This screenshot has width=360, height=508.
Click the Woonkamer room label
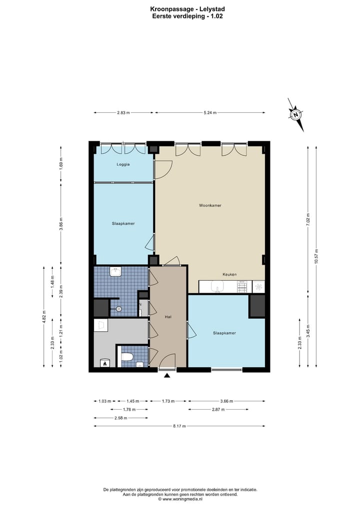[x=210, y=205]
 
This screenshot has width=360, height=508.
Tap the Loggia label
[x=123, y=164]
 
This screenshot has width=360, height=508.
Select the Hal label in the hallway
[x=168, y=317]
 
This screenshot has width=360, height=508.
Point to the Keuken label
[x=229, y=274]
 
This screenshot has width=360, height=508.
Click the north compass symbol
[x=296, y=115]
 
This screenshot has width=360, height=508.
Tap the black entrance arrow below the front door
[x=167, y=376]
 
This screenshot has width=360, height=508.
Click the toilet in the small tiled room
[x=127, y=357]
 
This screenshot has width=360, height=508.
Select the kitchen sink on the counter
[x=216, y=287]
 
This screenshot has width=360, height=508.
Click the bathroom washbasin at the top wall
[x=115, y=272]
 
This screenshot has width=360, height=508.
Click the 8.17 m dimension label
[x=179, y=426]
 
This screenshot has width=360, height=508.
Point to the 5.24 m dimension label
[x=210, y=113]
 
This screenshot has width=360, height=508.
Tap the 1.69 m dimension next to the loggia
[x=61, y=164]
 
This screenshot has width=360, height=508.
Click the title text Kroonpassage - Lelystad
[x=187, y=9]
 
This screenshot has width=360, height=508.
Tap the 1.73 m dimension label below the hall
[x=168, y=401]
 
